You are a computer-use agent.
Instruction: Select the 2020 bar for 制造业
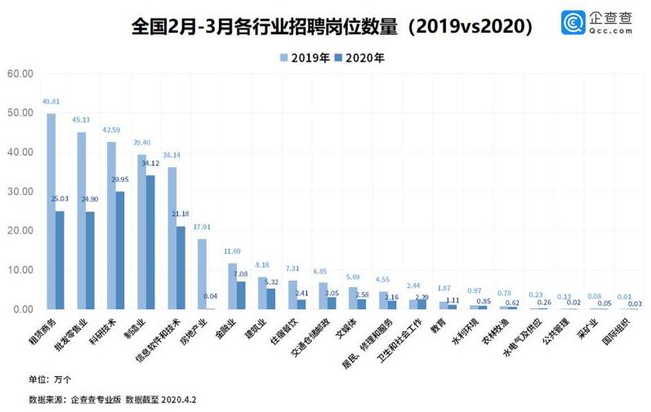151,241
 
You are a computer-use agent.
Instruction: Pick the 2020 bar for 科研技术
120,250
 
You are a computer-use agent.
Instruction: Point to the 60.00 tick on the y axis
19,73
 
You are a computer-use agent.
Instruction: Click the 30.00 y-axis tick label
19,192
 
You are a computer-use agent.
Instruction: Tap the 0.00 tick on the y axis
21,309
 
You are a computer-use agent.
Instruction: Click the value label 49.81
51,102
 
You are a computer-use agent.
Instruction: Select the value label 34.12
151,163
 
